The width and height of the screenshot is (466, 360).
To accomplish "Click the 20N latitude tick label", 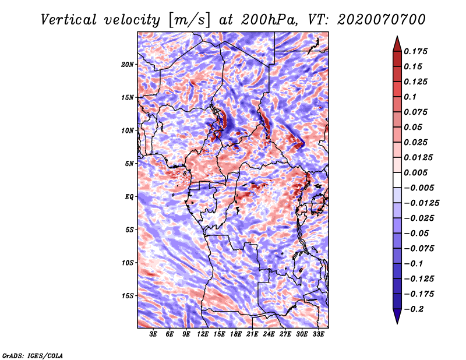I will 128,64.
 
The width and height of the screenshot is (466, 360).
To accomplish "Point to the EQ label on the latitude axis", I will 129,197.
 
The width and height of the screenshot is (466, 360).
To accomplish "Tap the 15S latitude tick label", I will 128,296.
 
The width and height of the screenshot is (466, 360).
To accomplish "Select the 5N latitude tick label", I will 129,164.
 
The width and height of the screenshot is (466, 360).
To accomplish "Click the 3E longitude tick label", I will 154,335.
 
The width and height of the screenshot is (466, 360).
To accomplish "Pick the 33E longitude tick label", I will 319,335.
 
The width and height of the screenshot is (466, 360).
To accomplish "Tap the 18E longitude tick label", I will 236,335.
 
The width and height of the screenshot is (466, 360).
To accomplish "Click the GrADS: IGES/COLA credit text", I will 33,355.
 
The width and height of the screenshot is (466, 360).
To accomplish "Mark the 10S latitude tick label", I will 128,263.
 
